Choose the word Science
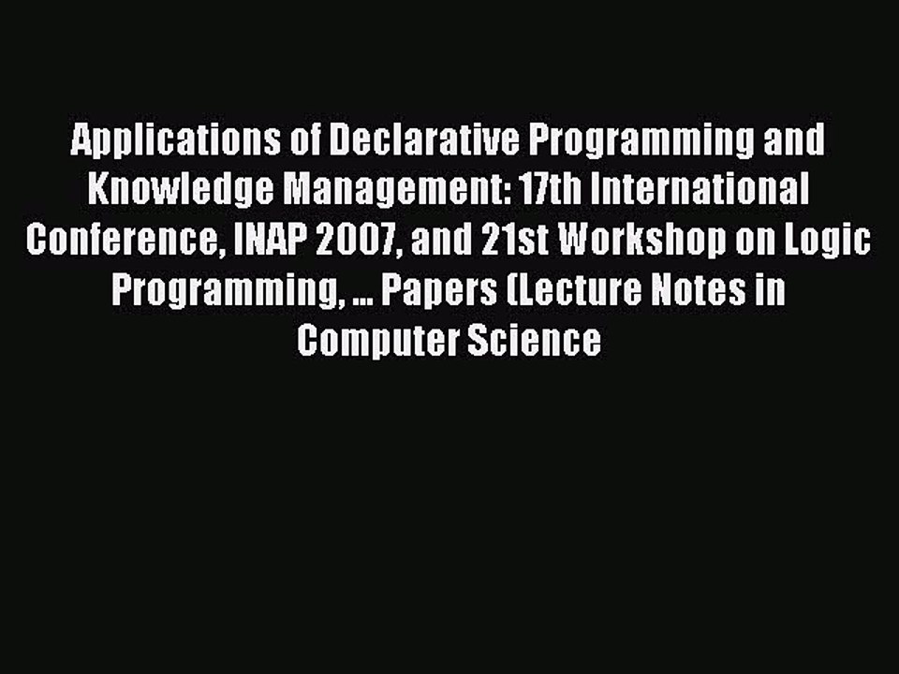coord(543,340)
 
